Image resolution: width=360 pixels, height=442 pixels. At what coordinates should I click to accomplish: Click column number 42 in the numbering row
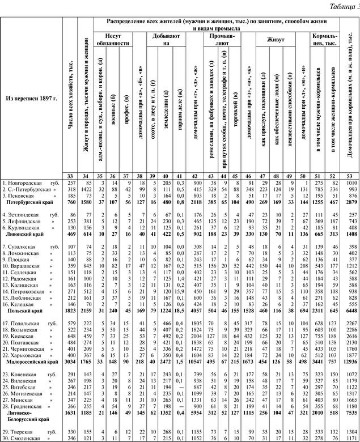pos(198,176)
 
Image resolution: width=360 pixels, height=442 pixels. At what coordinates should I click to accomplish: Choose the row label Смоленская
pos(22,437)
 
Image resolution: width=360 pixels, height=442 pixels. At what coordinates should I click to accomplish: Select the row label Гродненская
pos(23,406)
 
